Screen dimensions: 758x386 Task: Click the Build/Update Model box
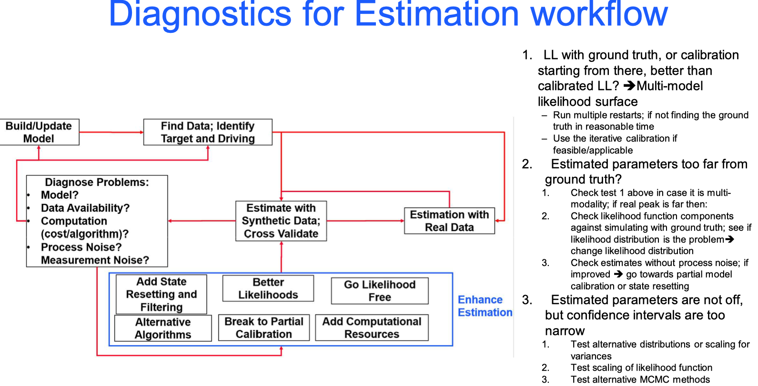coord(39,132)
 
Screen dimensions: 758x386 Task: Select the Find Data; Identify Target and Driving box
coord(208,132)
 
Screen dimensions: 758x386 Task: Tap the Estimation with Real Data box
coord(449,221)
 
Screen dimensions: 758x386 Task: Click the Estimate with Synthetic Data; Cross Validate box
coord(281,221)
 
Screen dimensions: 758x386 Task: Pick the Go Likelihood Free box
coord(380,291)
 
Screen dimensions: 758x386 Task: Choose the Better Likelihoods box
coord(268,288)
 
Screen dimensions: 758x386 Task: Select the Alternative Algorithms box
coord(163,328)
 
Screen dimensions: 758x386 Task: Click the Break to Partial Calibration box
coord(264,328)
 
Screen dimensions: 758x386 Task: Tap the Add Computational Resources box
coord(372,328)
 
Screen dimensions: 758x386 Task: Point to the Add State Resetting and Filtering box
coord(162,294)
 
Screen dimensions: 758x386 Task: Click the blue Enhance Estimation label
coord(485,306)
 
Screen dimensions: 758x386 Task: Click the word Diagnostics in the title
coord(200,14)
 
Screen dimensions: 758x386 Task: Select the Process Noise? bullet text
coord(81,247)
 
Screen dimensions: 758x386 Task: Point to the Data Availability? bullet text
coord(85,208)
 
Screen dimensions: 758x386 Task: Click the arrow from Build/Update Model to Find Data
coord(111,132)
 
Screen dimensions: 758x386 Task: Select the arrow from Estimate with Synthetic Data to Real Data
coord(365,221)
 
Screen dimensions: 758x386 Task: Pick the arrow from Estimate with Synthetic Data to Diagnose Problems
coord(202,221)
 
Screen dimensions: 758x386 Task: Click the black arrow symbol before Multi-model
coord(629,86)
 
